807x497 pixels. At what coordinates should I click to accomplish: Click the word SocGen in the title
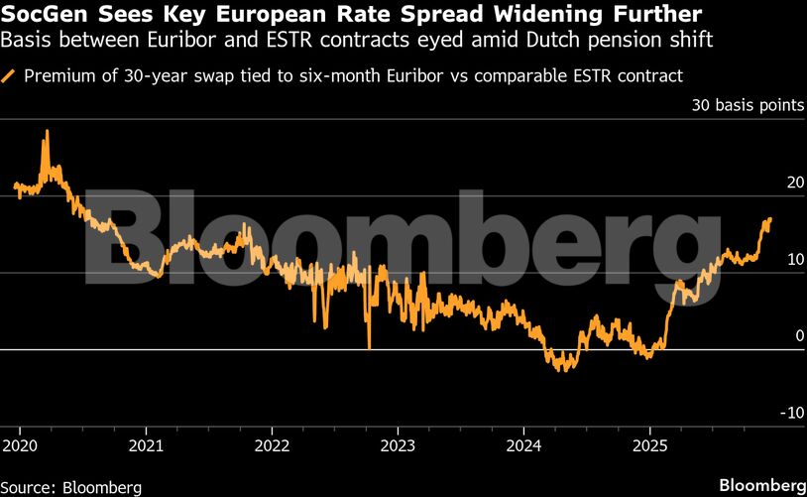pos(44,16)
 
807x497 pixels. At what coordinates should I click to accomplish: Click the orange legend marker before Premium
pos(9,75)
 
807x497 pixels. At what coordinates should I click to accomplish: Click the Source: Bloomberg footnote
pos(71,486)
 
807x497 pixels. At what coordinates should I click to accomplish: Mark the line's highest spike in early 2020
pos(45,131)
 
